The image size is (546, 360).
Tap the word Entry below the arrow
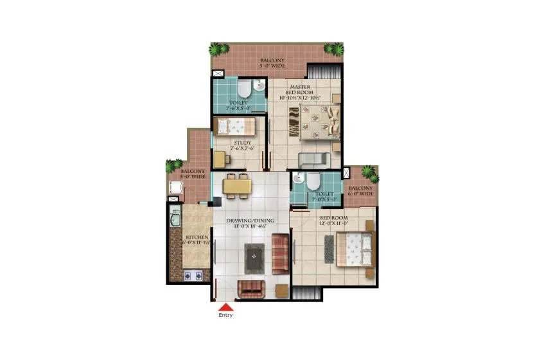[x=225, y=315]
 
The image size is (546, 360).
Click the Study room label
[x=242, y=143]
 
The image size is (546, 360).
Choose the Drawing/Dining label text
[x=250, y=221]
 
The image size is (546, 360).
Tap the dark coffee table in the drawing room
[x=255, y=258]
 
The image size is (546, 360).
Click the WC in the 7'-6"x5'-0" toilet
[x=242, y=89]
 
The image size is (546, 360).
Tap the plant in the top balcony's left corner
[x=219, y=49]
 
